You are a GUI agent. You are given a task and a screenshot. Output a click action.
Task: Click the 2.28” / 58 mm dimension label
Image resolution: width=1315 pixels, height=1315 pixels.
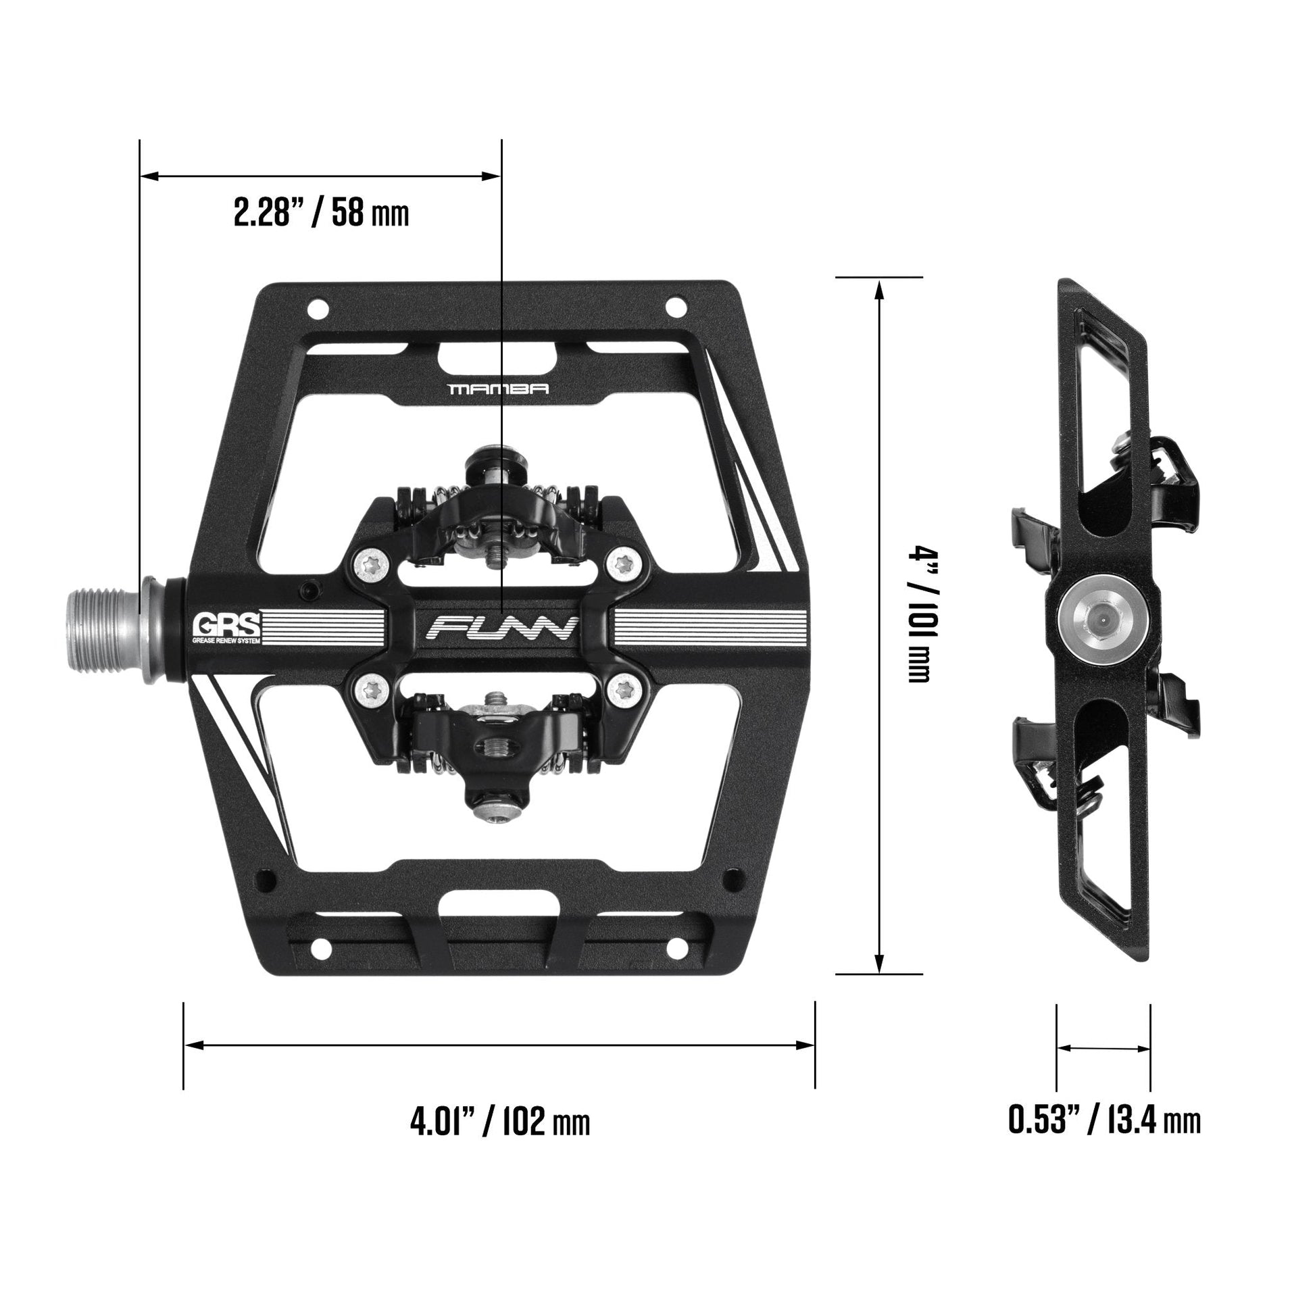321,213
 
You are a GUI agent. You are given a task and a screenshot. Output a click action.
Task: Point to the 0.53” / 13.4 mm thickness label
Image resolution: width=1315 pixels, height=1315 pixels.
1104,1120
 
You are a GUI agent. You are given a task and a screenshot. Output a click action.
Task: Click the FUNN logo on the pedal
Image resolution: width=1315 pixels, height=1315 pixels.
501,628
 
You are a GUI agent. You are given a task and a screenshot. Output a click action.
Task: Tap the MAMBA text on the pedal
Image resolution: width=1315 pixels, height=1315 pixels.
498,389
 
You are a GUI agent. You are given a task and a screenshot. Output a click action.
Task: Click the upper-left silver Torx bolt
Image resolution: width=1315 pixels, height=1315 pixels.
371,564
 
